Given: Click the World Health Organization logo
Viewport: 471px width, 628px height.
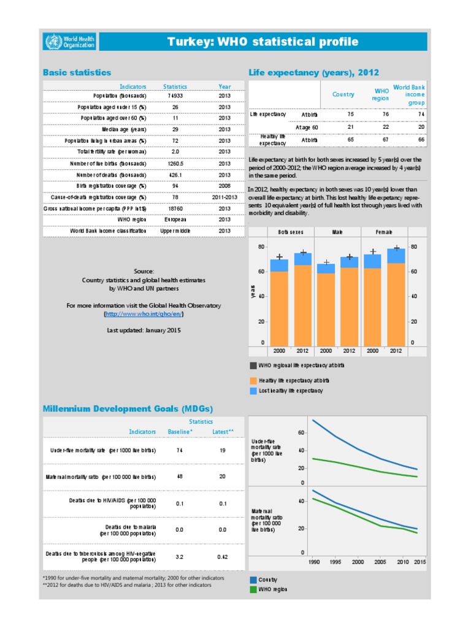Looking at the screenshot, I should coord(69,42).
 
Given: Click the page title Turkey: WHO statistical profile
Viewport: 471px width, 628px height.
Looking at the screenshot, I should coord(262,42).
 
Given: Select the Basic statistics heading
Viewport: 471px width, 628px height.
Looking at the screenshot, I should coord(77,72).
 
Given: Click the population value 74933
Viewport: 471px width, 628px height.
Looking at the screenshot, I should coord(175,96).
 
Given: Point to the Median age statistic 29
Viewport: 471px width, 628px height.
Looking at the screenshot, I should coord(175,129).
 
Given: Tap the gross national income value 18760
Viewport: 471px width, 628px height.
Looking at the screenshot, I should coord(175,208).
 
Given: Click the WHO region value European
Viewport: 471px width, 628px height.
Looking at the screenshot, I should coord(175,219).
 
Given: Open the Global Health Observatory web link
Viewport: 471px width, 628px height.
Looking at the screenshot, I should coord(144,314).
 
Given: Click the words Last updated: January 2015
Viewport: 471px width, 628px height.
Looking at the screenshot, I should coord(144,330).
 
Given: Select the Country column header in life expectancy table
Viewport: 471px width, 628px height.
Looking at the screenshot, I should coord(343,94).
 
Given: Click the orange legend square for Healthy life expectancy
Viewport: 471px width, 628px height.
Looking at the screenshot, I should coord(254,380).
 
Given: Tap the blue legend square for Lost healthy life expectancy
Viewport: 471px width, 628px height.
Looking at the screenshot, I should coord(254,391).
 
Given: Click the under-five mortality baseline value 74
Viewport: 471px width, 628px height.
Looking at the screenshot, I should coord(180,450).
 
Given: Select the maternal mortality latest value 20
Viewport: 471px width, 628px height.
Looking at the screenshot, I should coord(222,477).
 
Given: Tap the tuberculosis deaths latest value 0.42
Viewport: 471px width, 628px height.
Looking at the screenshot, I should coord(222,557).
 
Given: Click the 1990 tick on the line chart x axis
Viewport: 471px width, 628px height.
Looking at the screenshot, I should coord(313,562).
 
